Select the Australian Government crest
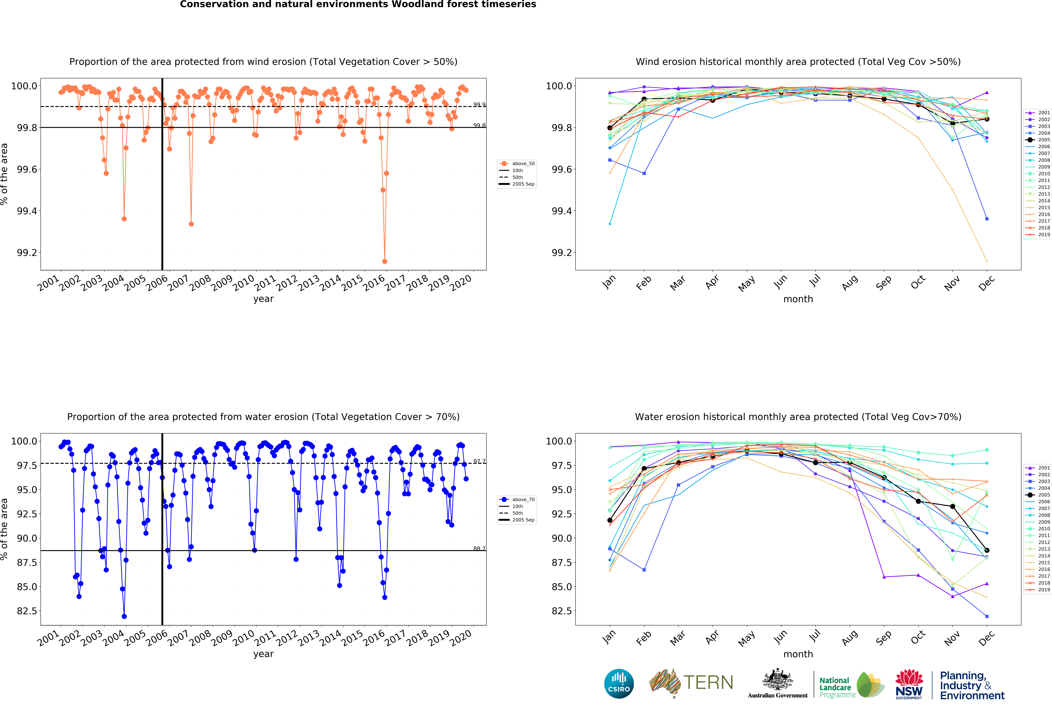[x=777, y=679]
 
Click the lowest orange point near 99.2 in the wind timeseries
[x=385, y=261]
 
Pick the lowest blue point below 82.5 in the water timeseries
[x=124, y=616]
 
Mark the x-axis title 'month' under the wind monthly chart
[x=798, y=299]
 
